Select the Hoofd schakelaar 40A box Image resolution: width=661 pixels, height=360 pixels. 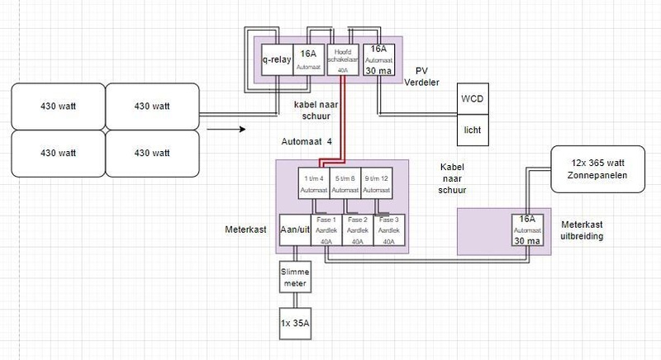coord(341,59)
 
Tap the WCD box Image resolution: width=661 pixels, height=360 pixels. coord(473,102)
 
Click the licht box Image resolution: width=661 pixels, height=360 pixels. coord(473,130)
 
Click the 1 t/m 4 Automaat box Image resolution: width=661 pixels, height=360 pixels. coord(313,182)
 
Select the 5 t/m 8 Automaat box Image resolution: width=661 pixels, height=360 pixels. coord(345,182)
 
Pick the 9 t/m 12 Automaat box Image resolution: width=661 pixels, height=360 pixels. coord(376,182)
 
